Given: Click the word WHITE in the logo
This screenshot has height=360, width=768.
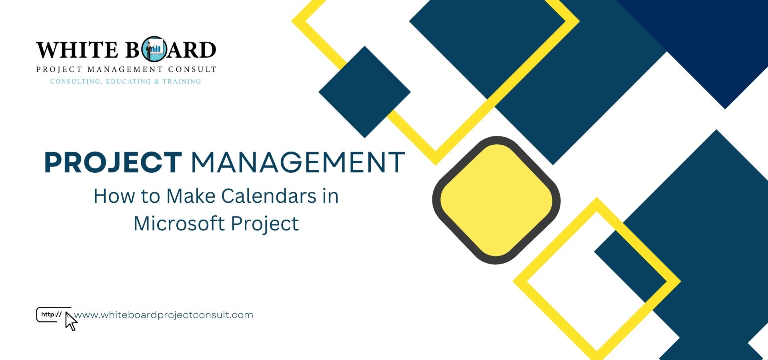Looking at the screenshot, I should coord(77,50).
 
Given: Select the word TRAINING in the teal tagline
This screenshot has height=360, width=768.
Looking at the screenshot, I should coord(182,82).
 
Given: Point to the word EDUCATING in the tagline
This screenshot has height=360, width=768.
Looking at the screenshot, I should coord(128,82).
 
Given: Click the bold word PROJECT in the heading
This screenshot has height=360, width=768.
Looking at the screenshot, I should coord(113,162).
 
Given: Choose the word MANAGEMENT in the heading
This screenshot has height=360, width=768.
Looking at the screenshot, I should coord(298,162).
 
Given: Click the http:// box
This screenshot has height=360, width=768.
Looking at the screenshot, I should coord(51,314).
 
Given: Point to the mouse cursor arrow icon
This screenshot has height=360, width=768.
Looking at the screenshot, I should coord(71,322).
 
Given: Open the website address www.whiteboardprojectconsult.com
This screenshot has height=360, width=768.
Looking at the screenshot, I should coord(164,315).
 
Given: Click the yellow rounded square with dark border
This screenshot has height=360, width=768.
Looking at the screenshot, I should coord(496,200).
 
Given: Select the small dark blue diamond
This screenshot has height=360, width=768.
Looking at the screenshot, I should coord(364,92).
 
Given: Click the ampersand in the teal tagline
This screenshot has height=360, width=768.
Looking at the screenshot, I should coord(157,82).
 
